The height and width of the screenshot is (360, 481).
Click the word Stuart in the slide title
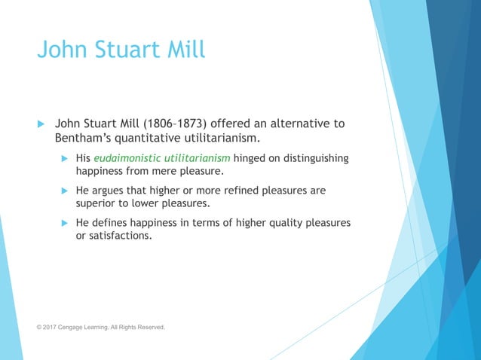point(122,51)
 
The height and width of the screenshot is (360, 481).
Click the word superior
point(99,203)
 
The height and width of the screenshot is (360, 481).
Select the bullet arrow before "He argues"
point(65,191)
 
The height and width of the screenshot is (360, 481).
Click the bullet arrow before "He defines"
point(65,223)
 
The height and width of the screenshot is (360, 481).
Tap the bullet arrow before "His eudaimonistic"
point(65,158)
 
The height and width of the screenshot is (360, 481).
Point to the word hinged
point(253,158)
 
